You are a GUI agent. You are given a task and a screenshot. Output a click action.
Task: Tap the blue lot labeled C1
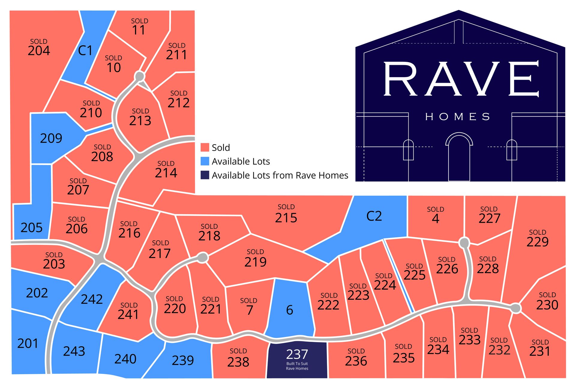click(x=85, y=50)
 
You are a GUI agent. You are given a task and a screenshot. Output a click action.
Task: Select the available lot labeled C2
click(x=374, y=216)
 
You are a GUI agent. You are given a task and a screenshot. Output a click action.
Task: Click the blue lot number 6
click(x=289, y=310)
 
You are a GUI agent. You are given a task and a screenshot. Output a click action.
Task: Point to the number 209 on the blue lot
click(x=51, y=138)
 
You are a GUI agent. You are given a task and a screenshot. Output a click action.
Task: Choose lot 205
click(x=31, y=227)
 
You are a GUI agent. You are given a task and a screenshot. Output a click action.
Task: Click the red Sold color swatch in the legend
click(x=205, y=147)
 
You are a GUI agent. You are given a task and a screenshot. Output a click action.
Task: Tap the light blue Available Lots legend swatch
click(x=205, y=161)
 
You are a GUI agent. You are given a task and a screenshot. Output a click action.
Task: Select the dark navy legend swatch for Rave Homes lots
click(x=205, y=175)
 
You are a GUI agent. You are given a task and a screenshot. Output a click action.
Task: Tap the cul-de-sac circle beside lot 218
click(x=203, y=257)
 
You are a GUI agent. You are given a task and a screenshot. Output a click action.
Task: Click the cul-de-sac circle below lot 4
click(x=464, y=242)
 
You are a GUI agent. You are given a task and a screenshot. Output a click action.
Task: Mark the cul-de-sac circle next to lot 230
click(x=516, y=308)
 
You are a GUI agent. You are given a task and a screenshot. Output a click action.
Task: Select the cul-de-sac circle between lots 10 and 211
click(x=140, y=76)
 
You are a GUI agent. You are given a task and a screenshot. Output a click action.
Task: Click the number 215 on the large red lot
click(x=286, y=218)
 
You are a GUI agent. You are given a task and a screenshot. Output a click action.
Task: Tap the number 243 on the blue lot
click(x=74, y=351)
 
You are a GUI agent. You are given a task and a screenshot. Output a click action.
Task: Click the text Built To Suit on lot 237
click(x=297, y=363)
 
